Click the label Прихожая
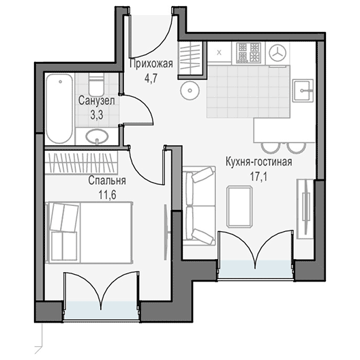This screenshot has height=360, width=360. click(151, 64)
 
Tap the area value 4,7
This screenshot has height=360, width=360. click(151, 78)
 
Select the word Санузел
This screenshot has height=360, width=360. click(96, 101)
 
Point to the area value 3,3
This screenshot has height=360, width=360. click(96, 115)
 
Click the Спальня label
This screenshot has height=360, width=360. click(107, 181)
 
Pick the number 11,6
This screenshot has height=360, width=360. click(107, 195)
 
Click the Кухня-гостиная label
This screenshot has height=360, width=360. click(259, 162)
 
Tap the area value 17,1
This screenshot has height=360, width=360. click(259, 177)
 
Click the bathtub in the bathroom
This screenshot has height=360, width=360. click(60, 108)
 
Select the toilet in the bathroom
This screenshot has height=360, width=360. click(96, 85)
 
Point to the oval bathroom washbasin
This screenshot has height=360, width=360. click(97, 136)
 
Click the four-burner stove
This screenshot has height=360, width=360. click(249, 52)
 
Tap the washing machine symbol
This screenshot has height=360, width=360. click(277, 52)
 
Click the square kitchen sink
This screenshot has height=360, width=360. click(303, 91)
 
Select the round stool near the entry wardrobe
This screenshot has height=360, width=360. click(190, 91)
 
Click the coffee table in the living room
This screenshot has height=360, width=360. click(239, 207)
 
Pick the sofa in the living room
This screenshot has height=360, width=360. click(199, 206)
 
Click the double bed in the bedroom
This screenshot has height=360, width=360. click(89, 232)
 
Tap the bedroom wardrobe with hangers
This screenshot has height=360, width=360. click(81, 162)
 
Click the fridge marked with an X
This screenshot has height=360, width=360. click(220, 52)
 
